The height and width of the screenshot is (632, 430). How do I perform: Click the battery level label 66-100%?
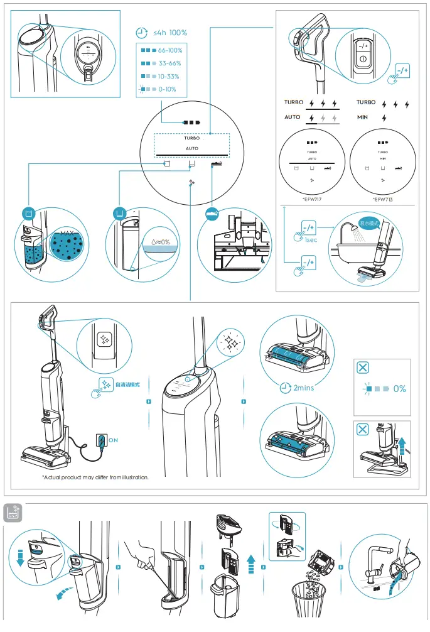[x=171, y=50]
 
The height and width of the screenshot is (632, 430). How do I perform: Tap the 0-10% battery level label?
[x=167, y=89]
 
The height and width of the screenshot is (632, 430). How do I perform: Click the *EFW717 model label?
[x=312, y=199]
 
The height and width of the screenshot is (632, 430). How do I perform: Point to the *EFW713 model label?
[x=382, y=199]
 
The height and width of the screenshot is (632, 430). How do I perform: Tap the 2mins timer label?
[x=303, y=388]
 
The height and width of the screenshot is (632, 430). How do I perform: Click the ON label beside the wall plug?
[x=114, y=440]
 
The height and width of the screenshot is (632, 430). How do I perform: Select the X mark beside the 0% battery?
[x=362, y=368]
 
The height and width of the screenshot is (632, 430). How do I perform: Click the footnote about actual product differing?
[x=95, y=477]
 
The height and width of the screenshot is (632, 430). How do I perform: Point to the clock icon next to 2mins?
[x=286, y=388]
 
